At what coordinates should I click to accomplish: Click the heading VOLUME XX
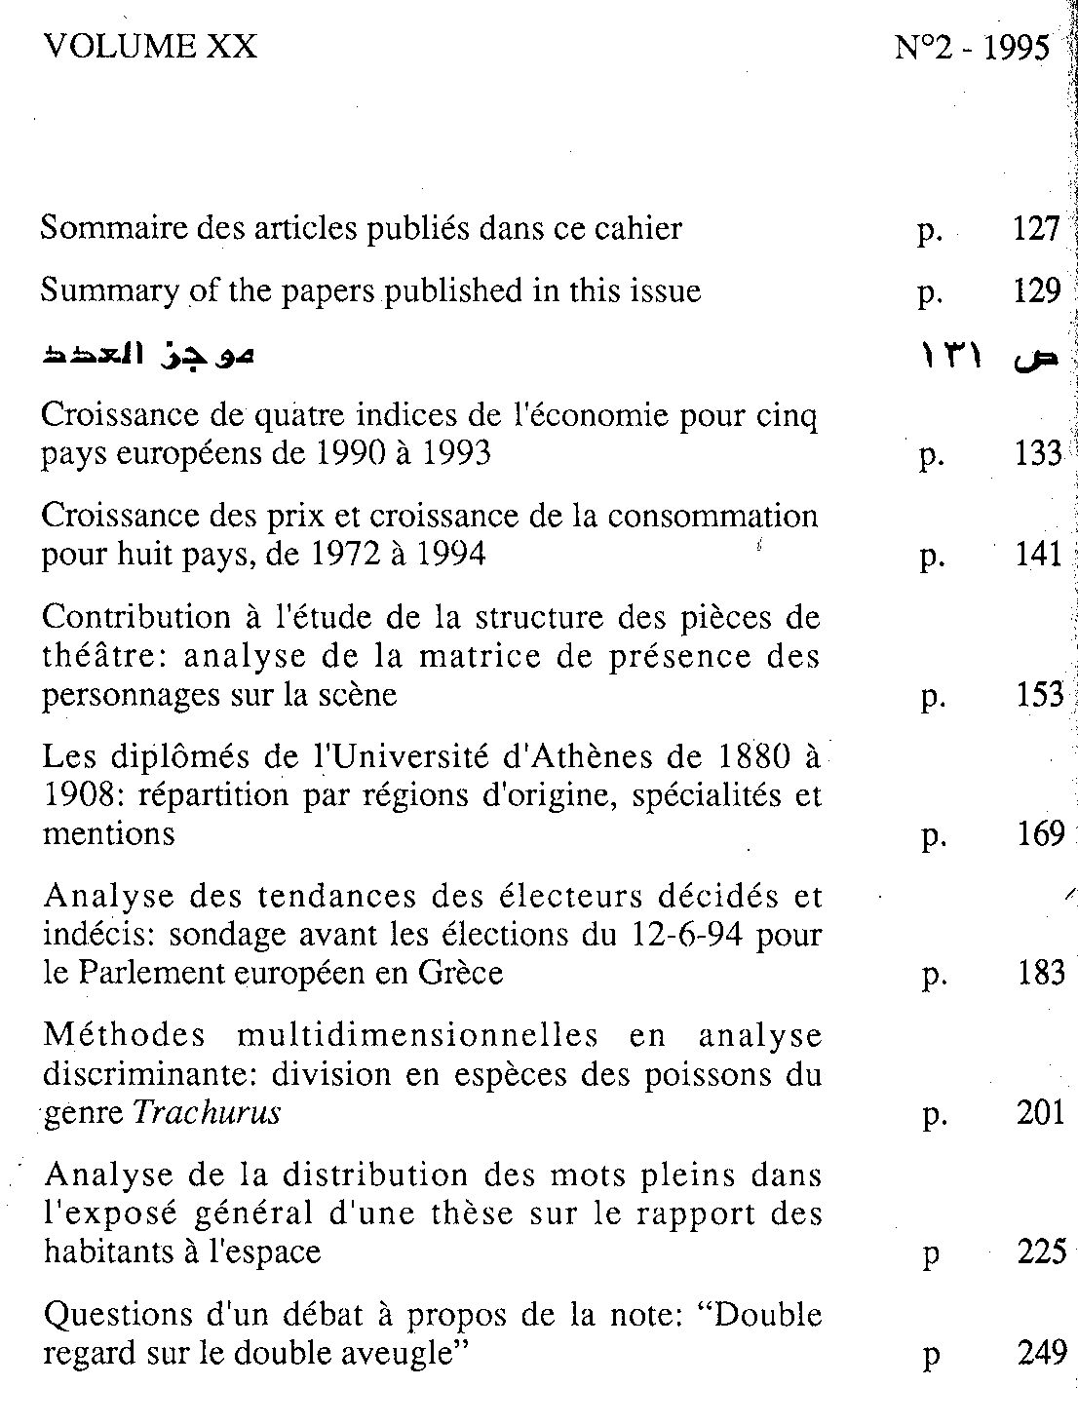coord(150,46)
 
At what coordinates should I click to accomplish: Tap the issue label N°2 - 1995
coord(972,48)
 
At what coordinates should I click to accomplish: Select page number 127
coord(1035,229)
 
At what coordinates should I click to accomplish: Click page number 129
coord(1036,291)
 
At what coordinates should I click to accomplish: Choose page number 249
coord(1041,1354)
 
